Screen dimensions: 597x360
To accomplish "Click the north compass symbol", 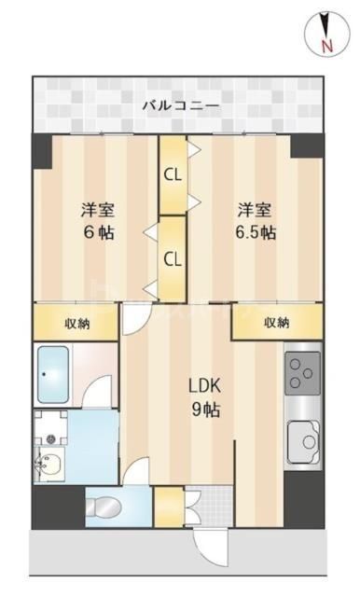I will (x=324, y=32).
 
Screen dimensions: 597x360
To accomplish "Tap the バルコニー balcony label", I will (x=180, y=105).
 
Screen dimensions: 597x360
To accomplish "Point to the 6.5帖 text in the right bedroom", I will (x=254, y=232).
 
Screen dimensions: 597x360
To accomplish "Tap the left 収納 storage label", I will (x=77, y=323).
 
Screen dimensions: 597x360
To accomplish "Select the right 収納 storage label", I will (x=276, y=323).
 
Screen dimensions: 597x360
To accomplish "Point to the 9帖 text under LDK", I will (x=204, y=410).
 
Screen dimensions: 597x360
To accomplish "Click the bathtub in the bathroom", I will (x=57, y=374).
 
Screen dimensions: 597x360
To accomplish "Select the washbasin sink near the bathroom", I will (x=48, y=462).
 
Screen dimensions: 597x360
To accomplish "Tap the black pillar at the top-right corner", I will (x=307, y=146).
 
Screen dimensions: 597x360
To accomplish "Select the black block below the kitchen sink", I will (x=303, y=499).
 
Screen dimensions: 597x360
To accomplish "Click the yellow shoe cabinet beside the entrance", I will (x=168, y=509).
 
